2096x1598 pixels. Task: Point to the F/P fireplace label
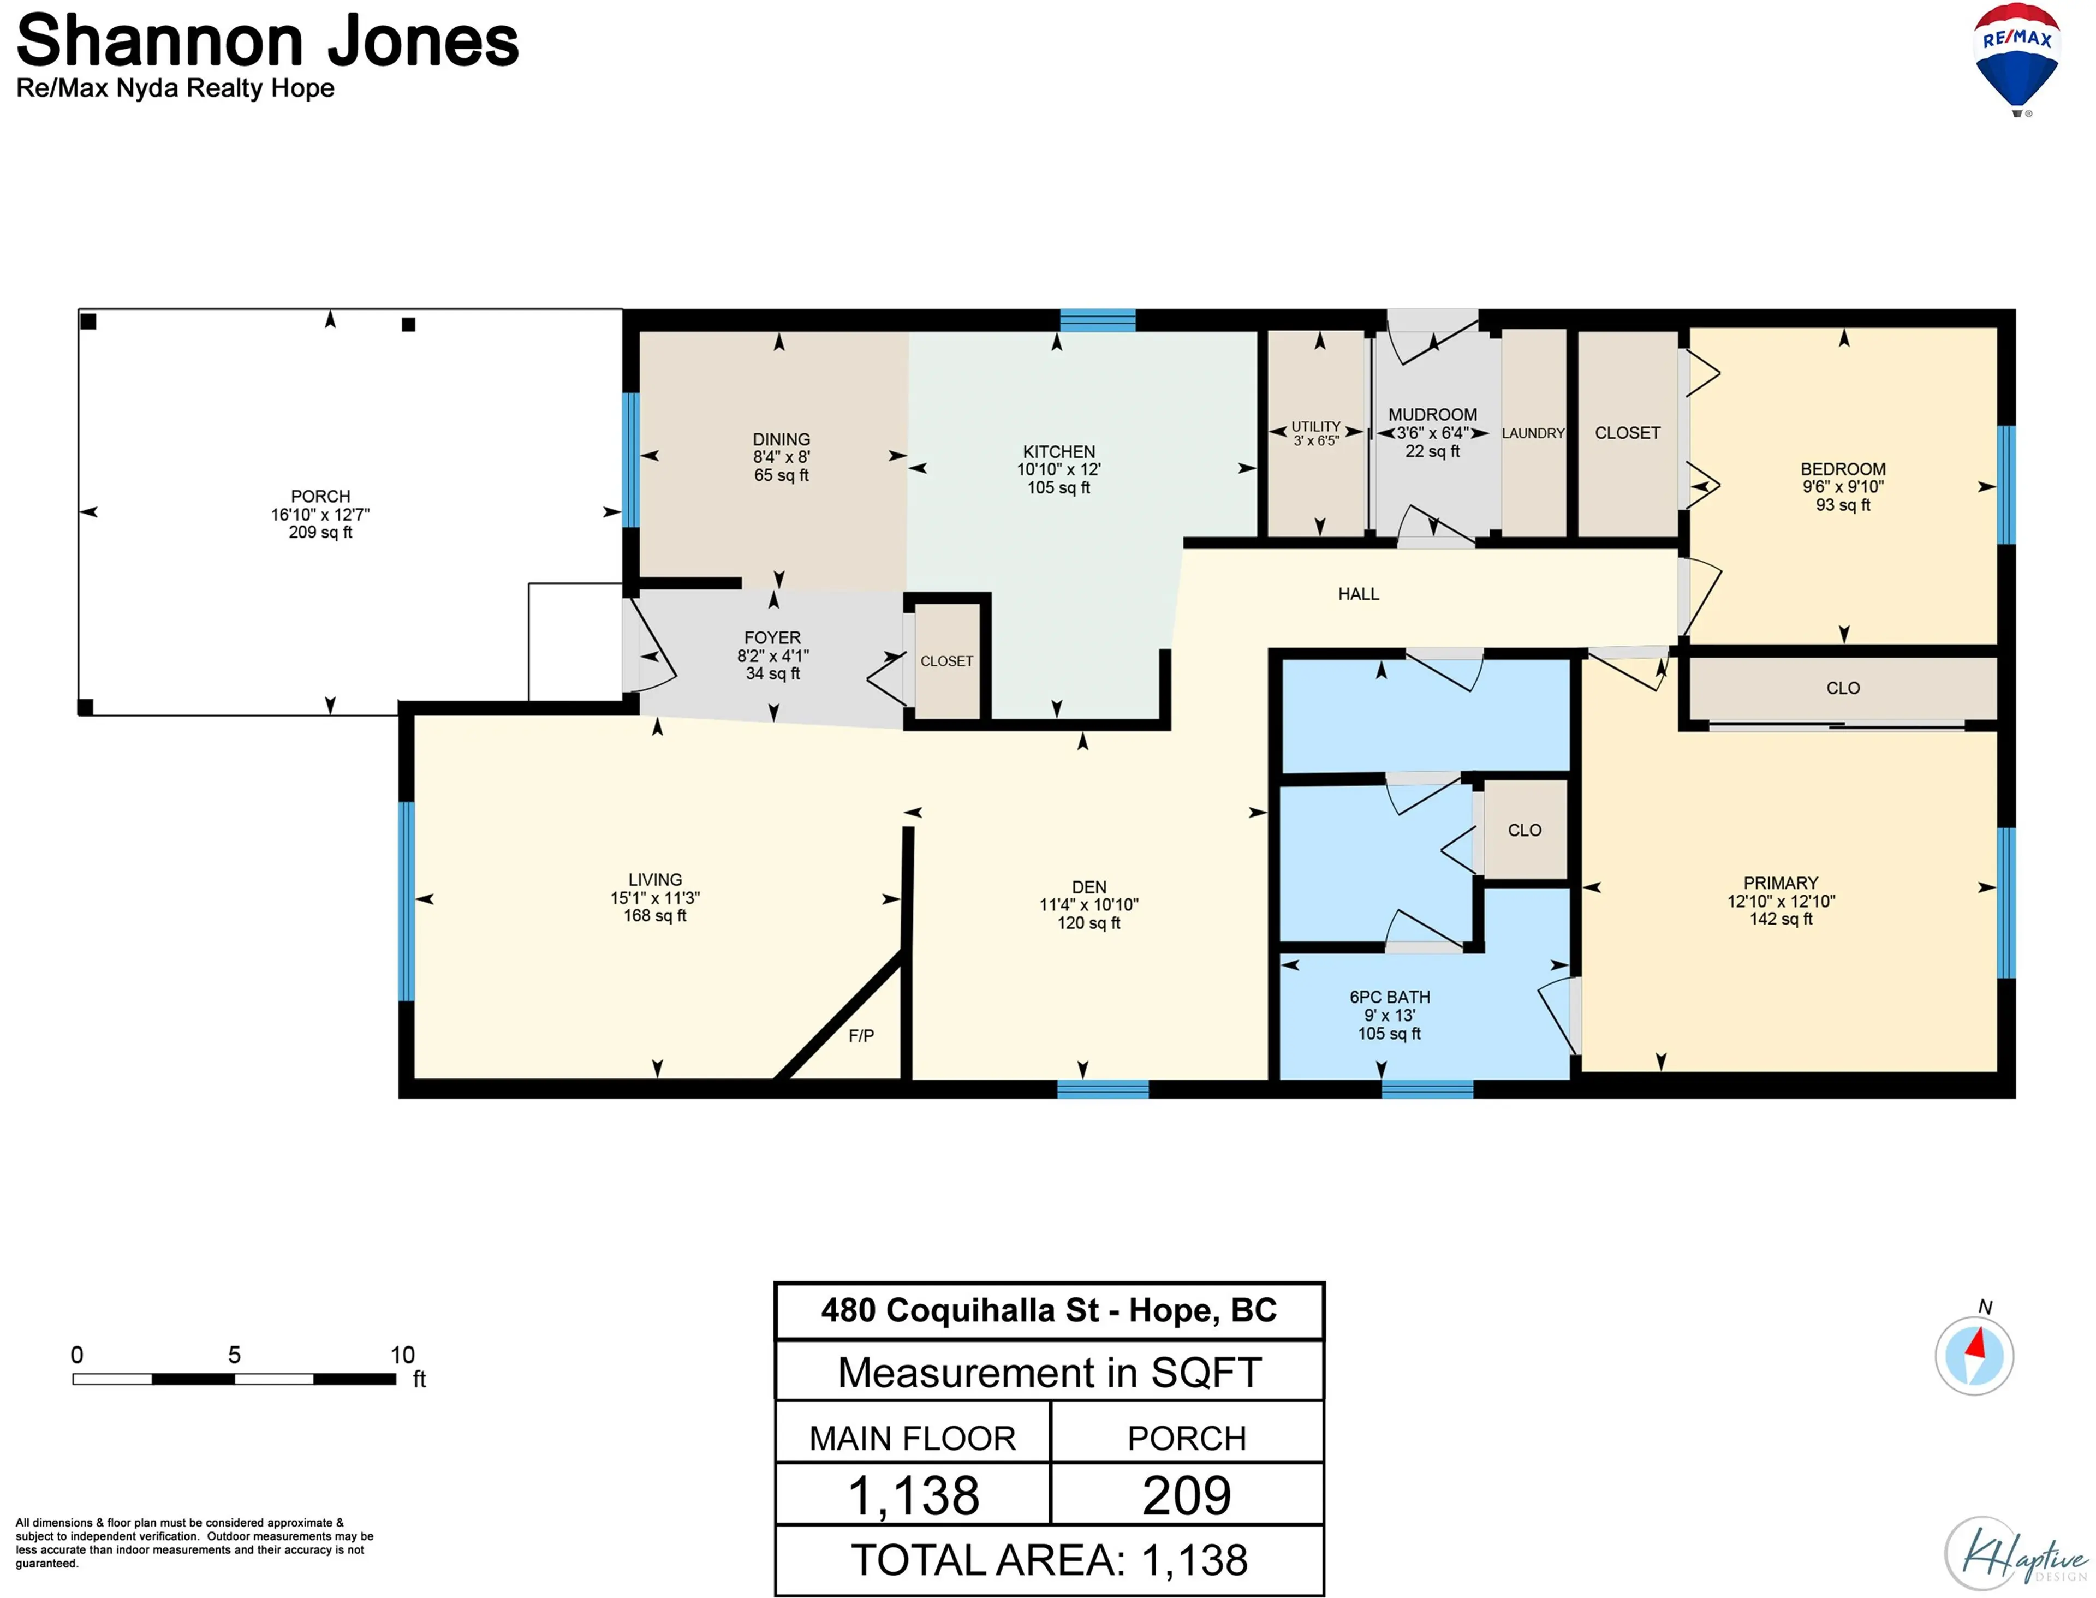[x=861, y=1036]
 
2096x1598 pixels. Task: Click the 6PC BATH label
[x=1389, y=997]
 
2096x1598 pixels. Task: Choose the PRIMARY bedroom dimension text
[x=1780, y=901]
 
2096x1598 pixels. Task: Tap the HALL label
[x=1357, y=594]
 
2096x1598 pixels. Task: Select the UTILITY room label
[x=1316, y=426]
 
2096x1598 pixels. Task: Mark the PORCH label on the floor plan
[x=320, y=497]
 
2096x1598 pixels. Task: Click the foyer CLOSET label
[x=946, y=661]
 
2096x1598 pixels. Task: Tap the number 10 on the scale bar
[x=402, y=1355]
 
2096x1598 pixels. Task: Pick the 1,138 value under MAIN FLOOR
[x=913, y=1495]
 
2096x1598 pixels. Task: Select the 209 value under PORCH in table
[x=1187, y=1495]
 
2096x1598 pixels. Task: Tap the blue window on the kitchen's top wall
[x=1097, y=320]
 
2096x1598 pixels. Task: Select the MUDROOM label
[x=1432, y=415]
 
